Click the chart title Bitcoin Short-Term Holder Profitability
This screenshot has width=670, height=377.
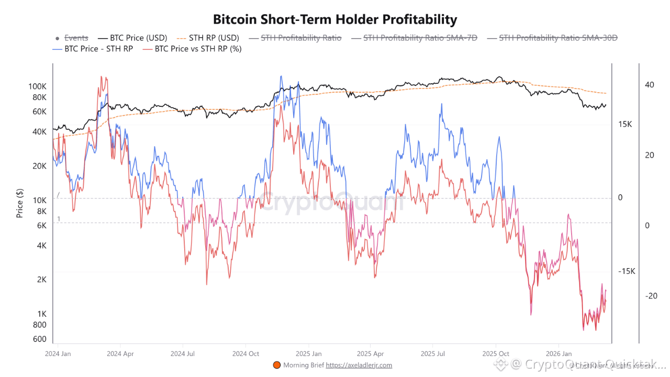coord(335,20)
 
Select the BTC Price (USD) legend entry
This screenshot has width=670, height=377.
coord(138,38)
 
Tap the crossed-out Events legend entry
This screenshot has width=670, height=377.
coord(76,38)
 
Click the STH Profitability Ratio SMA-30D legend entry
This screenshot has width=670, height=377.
coord(558,38)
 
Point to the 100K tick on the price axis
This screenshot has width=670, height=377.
coord(37,86)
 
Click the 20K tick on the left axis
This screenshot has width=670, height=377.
coord(39,166)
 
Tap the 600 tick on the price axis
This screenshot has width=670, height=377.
coord(40,339)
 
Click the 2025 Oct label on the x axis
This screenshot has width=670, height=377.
coord(495,353)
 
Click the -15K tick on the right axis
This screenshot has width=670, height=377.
coord(627,271)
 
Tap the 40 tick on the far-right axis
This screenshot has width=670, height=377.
coord(649,85)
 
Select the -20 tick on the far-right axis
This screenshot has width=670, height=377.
coord(651,296)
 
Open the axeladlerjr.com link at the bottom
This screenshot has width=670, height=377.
coord(359,365)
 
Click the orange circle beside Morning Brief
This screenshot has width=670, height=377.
coord(277,365)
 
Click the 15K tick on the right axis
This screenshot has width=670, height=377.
coord(626,124)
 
